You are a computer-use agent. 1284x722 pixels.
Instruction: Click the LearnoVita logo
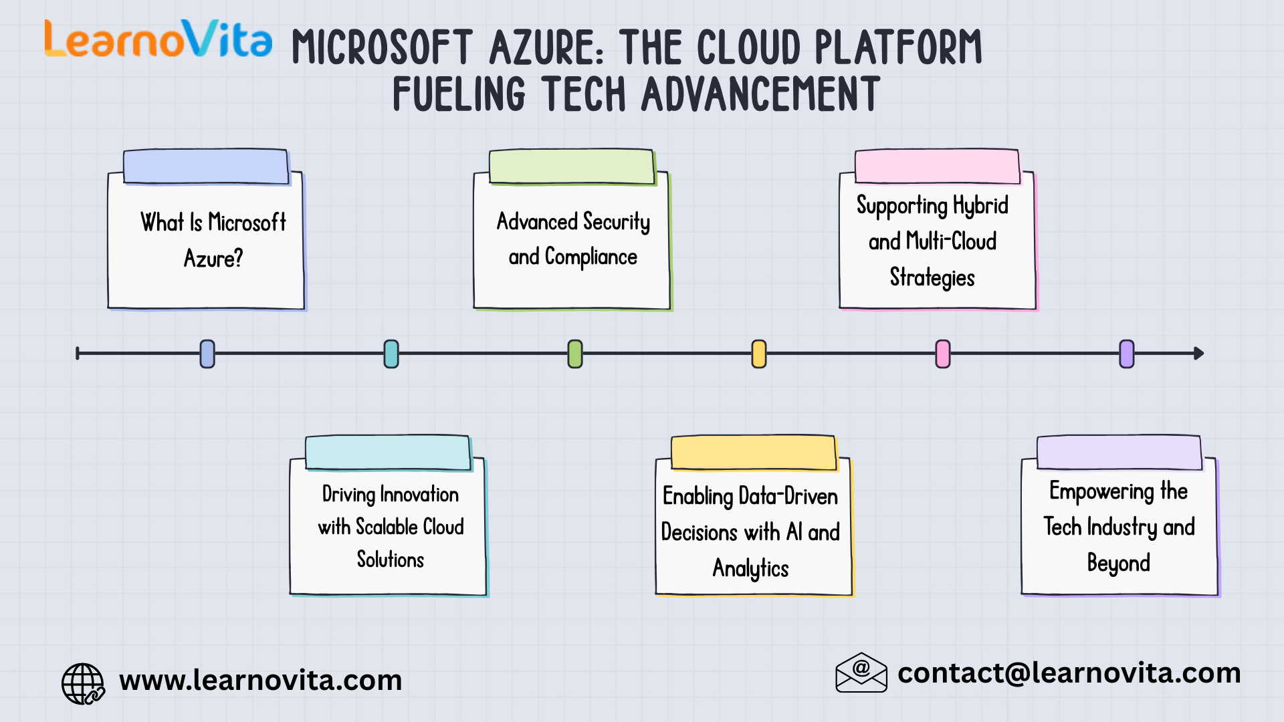[x=158, y=39]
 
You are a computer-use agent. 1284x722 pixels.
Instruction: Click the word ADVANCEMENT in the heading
[x=760, y=94]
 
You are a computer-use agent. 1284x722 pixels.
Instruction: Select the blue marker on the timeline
[x=207, y=354]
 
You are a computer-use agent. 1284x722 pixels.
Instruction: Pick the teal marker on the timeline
[x=391, y=354]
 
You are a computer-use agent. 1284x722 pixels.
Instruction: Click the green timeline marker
[x=575, y=354]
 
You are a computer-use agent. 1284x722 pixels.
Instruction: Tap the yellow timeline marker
[x=759, y=354]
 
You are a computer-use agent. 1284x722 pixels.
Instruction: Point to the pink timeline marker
[x=943, y=354]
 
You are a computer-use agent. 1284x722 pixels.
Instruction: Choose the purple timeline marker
[x=1127, y=354]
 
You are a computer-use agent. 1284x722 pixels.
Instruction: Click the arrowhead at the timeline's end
[x=1198, y=354]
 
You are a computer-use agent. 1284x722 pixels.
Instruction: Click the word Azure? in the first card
[x=213, y=259]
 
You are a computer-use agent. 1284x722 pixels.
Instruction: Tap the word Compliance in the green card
[x=591, y=257]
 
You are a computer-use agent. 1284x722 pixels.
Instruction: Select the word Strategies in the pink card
[x=932, y=277]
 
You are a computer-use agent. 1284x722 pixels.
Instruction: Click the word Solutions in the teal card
[x=391, y=560]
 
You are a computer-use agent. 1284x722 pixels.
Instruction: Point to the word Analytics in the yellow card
[x=750, y=569]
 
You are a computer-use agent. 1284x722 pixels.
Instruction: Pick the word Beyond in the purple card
[x=1119, y=564]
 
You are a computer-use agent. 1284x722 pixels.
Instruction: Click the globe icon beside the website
[x=83, y=683]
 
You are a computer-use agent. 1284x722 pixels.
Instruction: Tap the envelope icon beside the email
[x=861, y=673]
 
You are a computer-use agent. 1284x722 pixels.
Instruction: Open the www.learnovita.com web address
[x=261, y=681]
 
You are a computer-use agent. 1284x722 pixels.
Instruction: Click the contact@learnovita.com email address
[x=1069, y=673]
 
